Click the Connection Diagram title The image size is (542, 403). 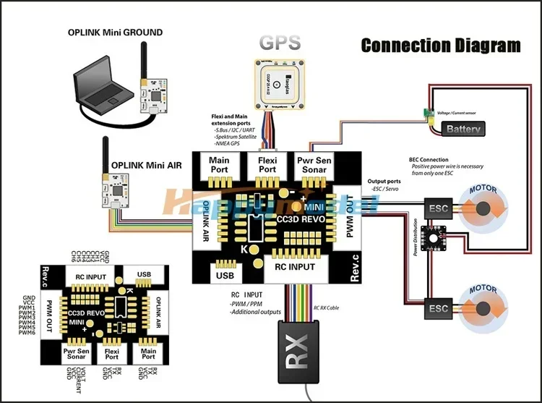(x=441, y=46)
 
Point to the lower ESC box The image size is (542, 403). (x=438, y=307)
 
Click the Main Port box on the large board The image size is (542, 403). (x=218, y=165)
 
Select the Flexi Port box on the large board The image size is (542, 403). (x=267, y=165)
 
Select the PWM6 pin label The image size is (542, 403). (x=27, y=333)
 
